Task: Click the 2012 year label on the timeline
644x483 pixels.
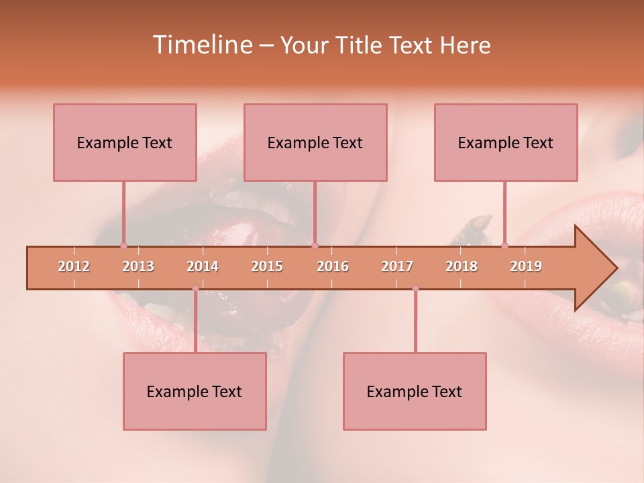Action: (x=74, y=266)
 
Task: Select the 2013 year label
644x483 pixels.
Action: (x=138, y=266)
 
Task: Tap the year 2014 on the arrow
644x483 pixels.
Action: (x=203, y=266)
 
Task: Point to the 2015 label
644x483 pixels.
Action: (x=267, y=266)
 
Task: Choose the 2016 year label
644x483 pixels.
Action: (x=333, y=266)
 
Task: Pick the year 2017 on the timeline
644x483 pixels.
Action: (x=397, y=266)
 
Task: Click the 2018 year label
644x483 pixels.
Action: (x=462, y=266)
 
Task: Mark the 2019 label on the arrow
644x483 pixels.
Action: (x=526, y=266)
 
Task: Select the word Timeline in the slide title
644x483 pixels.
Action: (x=201, y=45)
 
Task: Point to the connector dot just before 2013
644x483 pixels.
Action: (x=123, y=246)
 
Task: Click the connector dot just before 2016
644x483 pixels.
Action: (x=315, y=246)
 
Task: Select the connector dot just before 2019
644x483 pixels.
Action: (x=504, y=246)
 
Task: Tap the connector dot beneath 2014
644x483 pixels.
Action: (x=195, y=288)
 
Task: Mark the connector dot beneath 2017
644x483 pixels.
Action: (x=415, y=288)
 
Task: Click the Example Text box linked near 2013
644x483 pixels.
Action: (x=125, y=142)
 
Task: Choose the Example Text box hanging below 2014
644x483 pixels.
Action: (x=195, y=391)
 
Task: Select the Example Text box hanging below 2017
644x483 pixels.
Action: (x=415, y=391)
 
